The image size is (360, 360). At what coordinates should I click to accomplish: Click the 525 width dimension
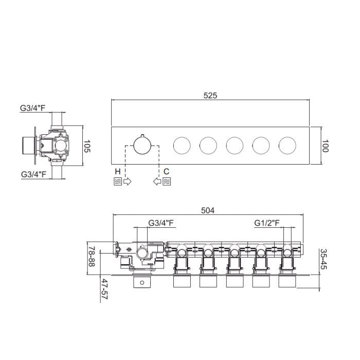210,96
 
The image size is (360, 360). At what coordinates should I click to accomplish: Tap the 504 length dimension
208,210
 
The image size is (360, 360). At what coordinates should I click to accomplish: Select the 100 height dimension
325,146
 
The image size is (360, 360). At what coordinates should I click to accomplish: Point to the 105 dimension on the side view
87,146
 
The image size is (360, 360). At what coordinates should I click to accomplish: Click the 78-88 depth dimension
92,257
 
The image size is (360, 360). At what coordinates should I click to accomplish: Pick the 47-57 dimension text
104,289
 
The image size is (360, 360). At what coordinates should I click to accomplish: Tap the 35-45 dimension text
323,259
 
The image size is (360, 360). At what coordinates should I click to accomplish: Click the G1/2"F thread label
267,223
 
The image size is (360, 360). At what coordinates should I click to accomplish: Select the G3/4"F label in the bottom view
161,223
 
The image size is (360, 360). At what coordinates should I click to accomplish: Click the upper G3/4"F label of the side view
32,108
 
